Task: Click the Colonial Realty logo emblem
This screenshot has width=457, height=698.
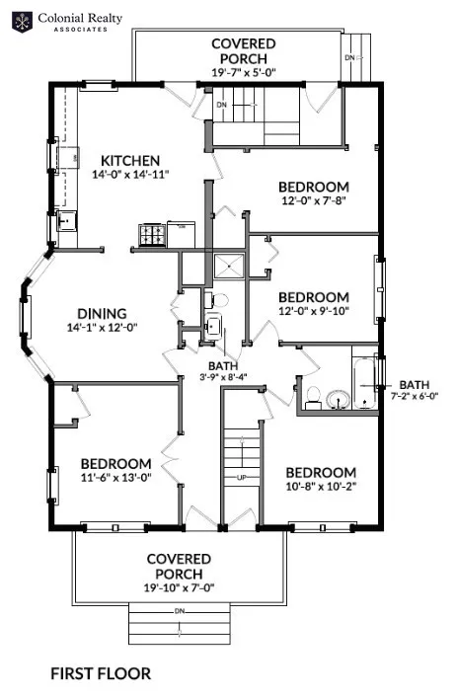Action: [23, 23]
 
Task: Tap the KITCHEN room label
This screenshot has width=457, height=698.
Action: [130, 160]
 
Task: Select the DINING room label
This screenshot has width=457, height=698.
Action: [103, 313]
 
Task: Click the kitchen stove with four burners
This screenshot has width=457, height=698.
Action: [153, 235]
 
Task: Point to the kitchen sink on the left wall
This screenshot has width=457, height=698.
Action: [68, 220]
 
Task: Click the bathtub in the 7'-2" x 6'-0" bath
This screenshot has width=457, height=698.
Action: [365, 383]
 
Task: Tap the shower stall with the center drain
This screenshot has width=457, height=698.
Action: [229, 266]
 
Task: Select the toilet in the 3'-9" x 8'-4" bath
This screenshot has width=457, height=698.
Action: [216, 299]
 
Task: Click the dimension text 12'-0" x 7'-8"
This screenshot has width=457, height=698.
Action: [314, 200]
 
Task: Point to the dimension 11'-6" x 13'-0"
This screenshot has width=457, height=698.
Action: [116, 478]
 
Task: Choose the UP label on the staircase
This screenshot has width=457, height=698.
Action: [242, 478]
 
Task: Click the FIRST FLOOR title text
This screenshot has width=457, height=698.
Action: [101, 673]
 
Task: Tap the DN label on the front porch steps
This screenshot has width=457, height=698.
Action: [180, 611]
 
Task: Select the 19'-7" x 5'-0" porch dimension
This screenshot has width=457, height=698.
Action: [244, 72]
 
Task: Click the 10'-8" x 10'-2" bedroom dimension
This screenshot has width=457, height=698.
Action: [321, 486]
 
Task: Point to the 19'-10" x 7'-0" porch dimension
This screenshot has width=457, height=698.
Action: [180, 588]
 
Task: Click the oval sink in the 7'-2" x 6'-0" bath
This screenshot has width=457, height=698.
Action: [339, 399]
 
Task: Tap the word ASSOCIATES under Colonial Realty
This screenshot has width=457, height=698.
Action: [81, 30]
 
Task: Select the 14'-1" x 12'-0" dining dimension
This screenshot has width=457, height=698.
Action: [103, 328]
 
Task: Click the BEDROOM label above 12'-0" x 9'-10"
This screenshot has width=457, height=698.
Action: [314, 297]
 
